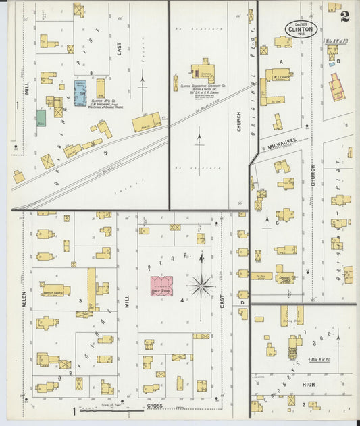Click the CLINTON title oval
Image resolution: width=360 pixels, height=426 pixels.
click(x=301, y=29)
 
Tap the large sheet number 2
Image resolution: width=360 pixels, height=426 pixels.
click(x=344, y=17)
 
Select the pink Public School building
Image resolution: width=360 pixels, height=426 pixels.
click(x=161, y=286)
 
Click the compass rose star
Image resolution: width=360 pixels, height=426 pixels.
click(x=201, y=286)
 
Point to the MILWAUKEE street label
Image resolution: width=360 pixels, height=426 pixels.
click(x=278, y=144)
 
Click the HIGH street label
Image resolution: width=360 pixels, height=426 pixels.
click(x=308, y=385)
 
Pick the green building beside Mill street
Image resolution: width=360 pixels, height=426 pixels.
click(x=41, y=117)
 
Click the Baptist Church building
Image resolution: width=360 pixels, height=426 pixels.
click(x=55, y=290)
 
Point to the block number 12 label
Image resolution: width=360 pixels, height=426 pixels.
click(x=105, y=153)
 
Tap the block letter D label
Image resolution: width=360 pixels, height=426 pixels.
click(x=242, y=302)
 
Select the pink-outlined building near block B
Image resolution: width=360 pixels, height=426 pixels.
click(x=336, y=87)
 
